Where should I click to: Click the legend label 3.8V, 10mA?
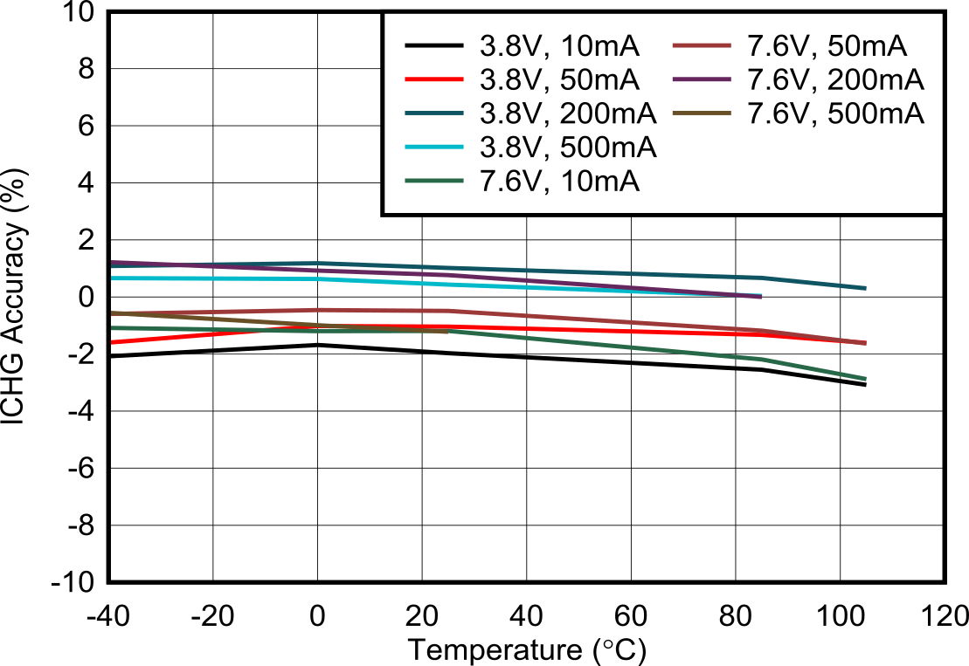[560, 45]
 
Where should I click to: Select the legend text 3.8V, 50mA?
[560, 79]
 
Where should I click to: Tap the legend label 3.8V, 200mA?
[568, 113]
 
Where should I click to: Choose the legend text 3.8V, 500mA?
[568, 148]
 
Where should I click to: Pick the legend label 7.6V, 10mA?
[560, 182]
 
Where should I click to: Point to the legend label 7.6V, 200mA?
[836, 79]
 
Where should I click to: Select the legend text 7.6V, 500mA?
[836, 113]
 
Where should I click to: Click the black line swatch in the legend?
[433, 45]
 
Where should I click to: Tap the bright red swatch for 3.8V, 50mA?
[433, 79]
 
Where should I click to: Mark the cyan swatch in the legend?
[433, 148]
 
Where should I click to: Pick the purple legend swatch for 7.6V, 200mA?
[702, 79]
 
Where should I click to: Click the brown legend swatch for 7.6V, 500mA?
[702, 113]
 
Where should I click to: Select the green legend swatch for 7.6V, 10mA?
[433, 182]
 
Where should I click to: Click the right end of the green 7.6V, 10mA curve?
[866, 379]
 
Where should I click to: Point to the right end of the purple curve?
[761, 297]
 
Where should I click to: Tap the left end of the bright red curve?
[113, 343]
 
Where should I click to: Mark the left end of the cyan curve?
[113, 278]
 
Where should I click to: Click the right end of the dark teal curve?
[866, 288]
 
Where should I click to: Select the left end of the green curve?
[113, 328]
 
